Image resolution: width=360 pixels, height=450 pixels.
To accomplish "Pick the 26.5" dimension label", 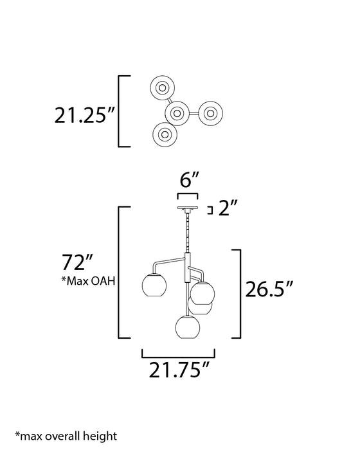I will (x=273, y=289).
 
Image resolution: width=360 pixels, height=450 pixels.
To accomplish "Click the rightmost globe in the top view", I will (x=210, y=113).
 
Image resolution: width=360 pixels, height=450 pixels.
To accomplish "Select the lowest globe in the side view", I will (x=188, y=326).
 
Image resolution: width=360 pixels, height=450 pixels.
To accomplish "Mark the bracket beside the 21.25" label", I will (x=123, y=112).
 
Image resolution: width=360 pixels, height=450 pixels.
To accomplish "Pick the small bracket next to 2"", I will (x=212, y=209).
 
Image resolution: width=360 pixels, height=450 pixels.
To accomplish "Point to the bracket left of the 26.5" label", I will (x=237, y=292).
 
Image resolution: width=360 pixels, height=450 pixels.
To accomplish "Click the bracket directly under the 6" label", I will (x=187, y=195).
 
